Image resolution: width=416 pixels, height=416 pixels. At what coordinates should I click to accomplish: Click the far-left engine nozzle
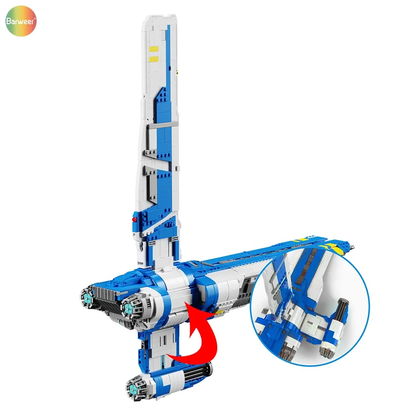pos(87,296)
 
